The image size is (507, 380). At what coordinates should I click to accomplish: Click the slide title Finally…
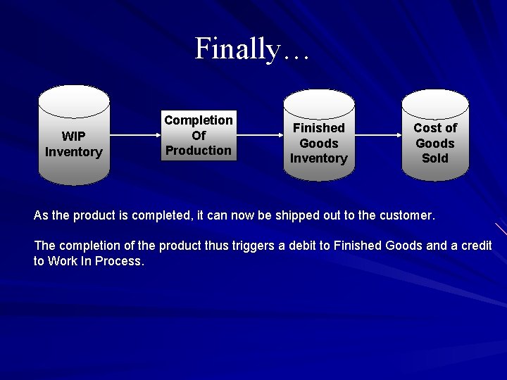[251, 49]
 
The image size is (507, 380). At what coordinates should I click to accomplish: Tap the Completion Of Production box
[198, 135]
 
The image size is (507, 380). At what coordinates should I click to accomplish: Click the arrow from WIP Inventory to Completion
[133, 135]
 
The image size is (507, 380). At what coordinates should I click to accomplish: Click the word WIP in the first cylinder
[73, 136]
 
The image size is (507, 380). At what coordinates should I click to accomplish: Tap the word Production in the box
[198, 150]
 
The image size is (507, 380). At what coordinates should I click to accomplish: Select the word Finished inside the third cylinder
[318, 128]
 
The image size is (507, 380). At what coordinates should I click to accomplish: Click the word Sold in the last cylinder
[434, 158]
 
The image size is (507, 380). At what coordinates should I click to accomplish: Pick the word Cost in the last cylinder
[425, 127]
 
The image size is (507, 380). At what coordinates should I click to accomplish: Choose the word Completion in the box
[198, 120]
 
